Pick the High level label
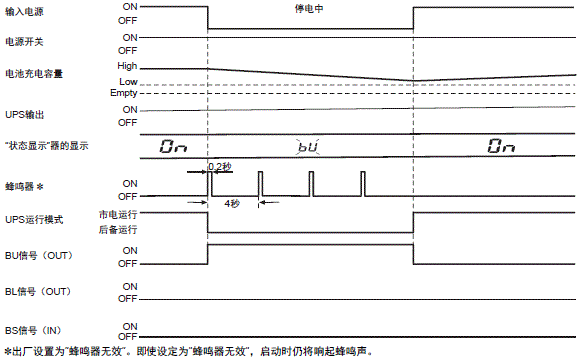click(127, 66)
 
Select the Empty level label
click(124, 93)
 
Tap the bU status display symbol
click(308, 146)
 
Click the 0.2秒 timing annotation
click(219, 165)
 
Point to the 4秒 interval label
click(231, 202)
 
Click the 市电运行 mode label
click(118, 213)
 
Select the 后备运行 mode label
click(118, 229)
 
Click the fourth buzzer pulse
click(361, 184)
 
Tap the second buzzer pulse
click(260, 184)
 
